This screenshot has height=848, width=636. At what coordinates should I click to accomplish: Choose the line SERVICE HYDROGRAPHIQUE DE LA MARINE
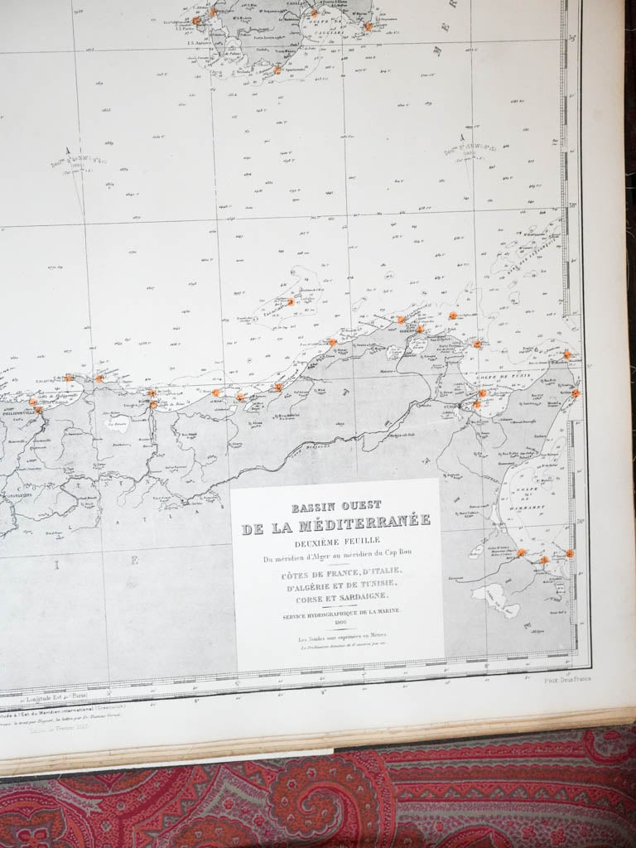[340, 610]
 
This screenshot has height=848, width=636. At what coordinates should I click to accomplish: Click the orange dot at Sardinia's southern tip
[277, 70]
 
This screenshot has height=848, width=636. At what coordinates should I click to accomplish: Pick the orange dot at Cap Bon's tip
[567, 354]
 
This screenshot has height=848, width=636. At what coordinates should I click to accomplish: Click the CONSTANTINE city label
[18, 495]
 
